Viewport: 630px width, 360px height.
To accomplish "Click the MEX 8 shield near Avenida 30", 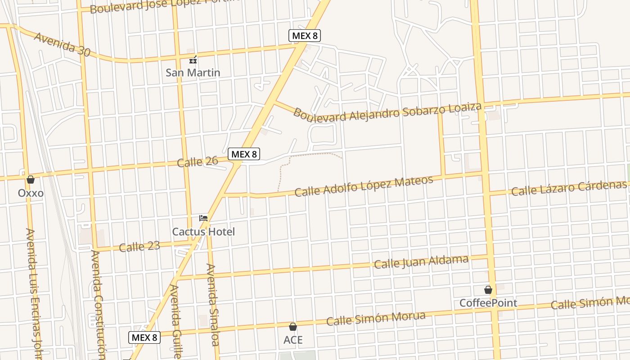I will point(305,36).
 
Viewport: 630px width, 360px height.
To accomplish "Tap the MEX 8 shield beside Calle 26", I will point(244,154).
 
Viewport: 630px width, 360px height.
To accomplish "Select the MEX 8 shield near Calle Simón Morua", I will point(144,337).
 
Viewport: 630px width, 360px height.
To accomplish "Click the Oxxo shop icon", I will point(31,180).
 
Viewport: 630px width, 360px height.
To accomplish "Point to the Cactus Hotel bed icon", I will point(203,218).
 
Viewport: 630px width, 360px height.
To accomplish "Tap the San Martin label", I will point(193,72).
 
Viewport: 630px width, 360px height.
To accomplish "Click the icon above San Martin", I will point(193,59).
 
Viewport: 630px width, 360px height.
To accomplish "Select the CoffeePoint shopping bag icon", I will point(488,290).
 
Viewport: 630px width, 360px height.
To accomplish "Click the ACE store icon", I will point(293,327).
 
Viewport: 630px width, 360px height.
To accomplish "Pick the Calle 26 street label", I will point(198,161).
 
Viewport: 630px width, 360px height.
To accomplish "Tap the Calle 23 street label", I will point(139,247).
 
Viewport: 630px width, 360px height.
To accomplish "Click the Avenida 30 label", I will point(62,44).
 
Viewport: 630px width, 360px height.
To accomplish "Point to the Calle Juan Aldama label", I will point(421,261).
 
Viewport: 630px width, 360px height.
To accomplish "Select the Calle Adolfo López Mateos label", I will point(364,186).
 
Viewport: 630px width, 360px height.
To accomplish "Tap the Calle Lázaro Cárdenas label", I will point(569,188).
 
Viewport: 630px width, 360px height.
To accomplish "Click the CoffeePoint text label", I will point(488,303).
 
